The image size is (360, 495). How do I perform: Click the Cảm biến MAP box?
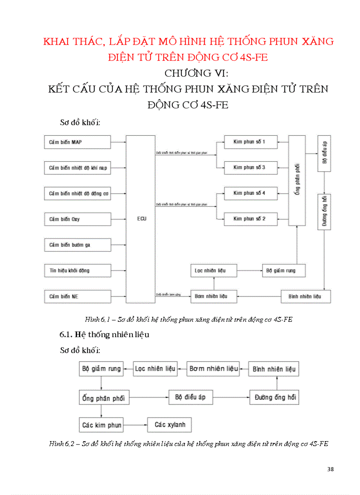[77, 142]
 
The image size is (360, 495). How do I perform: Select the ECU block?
[141, 219]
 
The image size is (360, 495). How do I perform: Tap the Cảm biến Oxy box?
[77, 219]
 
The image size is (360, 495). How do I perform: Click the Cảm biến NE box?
[77, 296]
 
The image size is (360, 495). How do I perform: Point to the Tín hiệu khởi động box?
[77, 270]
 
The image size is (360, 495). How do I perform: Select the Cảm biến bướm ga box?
[77, 245]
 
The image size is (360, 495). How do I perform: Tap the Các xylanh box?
[170, 425]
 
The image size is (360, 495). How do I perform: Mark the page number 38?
[330, 469]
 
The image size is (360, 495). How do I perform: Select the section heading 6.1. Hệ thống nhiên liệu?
[105, 335]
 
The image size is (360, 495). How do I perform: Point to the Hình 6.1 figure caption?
[189, 320]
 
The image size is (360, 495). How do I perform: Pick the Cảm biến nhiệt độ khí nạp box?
[77, 168]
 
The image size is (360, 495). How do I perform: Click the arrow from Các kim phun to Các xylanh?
[135, 425]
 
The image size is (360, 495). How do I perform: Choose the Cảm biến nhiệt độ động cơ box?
[77, 194]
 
